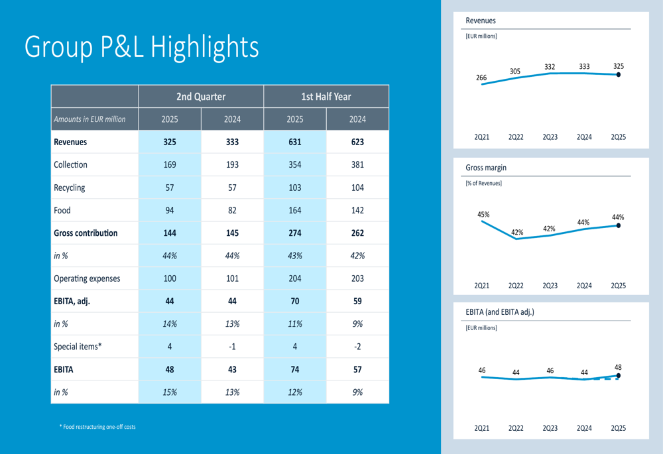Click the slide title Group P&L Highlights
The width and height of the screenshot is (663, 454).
tap(141, 47)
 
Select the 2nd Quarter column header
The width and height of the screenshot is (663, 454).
tap(201, 97)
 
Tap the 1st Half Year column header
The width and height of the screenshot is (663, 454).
tap(326, 97)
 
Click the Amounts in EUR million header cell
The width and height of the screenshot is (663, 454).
tap(90, 119)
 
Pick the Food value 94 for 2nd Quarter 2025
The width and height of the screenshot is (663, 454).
tap(170, 210)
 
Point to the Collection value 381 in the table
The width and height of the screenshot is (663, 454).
tap(357, 164)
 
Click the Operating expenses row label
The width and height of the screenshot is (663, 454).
tap(87, 278)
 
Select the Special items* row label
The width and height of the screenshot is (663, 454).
tap(78, 347)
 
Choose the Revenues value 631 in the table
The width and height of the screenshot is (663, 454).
tap(295, 142)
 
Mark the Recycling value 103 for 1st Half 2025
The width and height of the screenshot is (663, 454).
tap(295, 188)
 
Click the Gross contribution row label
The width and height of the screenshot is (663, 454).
tap(86, 233)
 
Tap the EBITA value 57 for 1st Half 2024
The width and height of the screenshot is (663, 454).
tap(357, 369)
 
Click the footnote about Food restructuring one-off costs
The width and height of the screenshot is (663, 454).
tap(97, 427)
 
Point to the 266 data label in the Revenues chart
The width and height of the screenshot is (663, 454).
tap(481, 78)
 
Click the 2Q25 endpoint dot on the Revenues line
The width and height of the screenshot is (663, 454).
tap(619, 75)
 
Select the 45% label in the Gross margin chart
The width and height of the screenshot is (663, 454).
tap(483, 215)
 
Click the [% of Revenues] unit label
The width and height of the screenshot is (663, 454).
tap(484, 184)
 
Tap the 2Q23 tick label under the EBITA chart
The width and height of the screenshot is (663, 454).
tap(550, 428)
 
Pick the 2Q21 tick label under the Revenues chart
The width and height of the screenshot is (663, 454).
tap(481, 137)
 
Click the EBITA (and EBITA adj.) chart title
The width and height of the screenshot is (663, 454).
tap(500, 312)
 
